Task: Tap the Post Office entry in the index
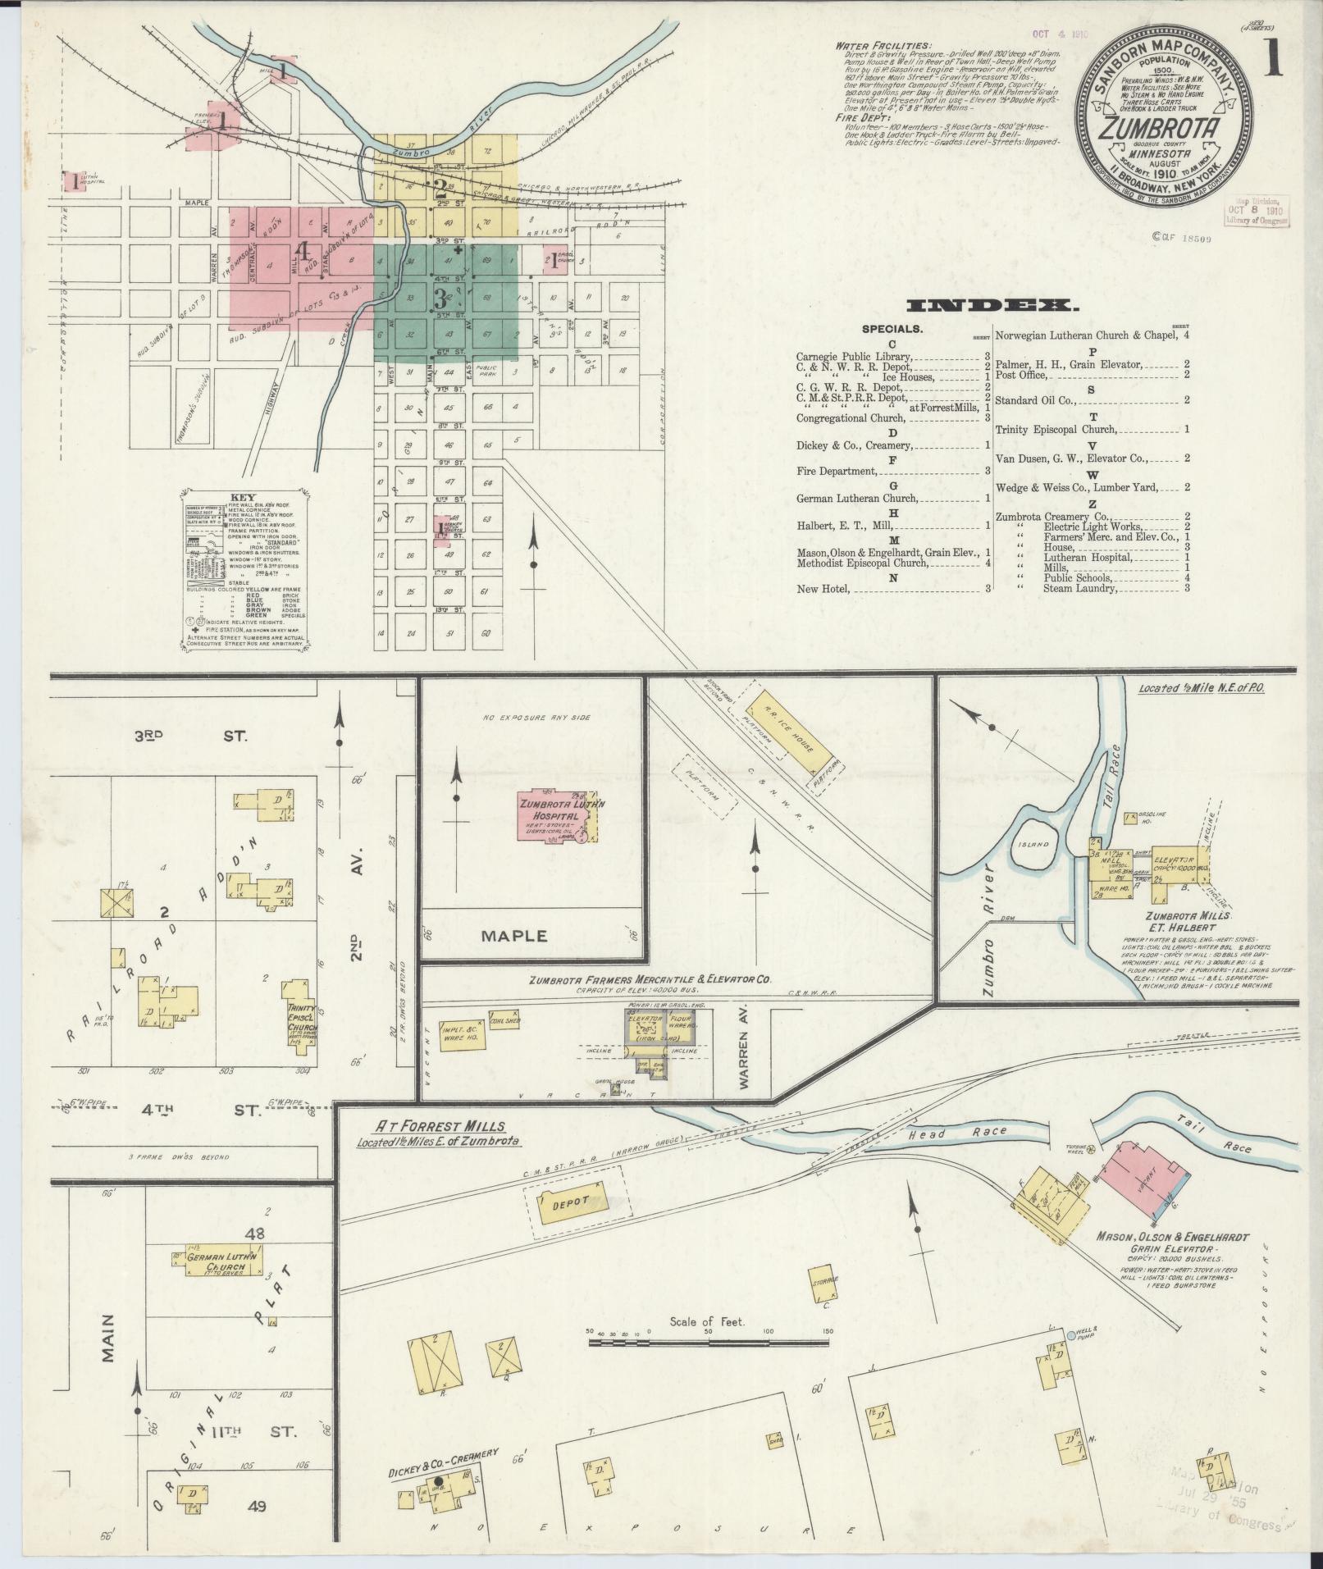point(1020,375)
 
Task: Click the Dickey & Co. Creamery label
point(443,1462)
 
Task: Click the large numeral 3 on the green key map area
point(440,298)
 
